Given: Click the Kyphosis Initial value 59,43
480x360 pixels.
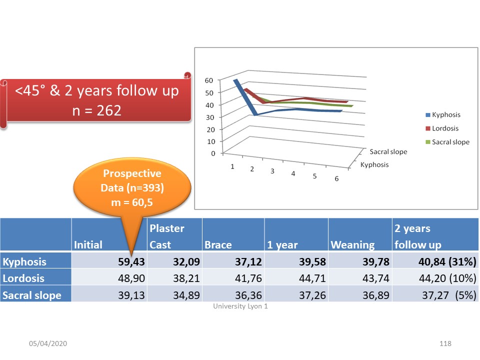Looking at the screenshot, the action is click(x=131, y=261).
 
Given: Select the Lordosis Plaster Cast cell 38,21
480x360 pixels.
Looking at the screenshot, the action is click(x=186, y=278).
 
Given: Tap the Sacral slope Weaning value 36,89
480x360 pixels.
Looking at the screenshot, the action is click(x=376, y=295).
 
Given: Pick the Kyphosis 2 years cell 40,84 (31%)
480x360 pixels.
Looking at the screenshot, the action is click(x=447, y=261).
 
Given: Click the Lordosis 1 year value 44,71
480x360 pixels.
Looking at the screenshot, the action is click(x=312, y=278).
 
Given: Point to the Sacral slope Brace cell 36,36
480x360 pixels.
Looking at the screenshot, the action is click(x=248, y=295).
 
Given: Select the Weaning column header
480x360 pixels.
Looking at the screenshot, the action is click(x=352, y=245).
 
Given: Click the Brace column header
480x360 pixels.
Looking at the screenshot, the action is click(x=218, y=245).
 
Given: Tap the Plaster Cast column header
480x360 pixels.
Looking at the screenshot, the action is click(x=167, y=236).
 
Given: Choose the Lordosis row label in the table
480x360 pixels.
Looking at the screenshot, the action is click(x=23, y=278).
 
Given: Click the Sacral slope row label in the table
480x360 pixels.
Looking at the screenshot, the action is click(x=32, y=295).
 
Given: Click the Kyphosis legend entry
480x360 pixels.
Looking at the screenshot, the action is click(x=443, y=115).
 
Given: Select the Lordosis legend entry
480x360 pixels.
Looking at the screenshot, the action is click(x=442, y=128).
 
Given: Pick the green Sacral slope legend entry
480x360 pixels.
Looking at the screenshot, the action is click(x=447, y=142).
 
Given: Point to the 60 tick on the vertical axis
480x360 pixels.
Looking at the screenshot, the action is click(x=209, y=80).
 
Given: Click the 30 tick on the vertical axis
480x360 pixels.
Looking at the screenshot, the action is click(x=210, y=117).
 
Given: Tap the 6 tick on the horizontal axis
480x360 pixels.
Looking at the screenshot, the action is click(x=336, y=179).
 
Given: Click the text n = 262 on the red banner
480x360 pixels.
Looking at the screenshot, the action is click(x=96, y=110).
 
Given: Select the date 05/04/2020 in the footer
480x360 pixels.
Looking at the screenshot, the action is click(x=48, y=343).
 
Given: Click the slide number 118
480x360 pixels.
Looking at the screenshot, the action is click(x=445, y=343).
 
